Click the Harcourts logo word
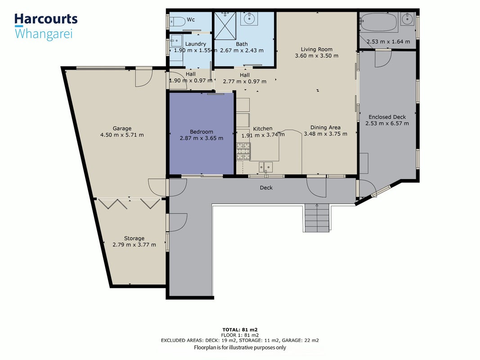point(46,19)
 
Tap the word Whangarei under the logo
point(44,34)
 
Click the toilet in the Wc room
point(178,22)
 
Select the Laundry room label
point(195,44)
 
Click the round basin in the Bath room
point(249,18)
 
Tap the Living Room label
point(317,49)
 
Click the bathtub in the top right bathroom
point(379,22)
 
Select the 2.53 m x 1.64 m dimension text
point(388,42)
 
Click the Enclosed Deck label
point(387,117)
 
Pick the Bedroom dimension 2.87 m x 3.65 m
point(202,138)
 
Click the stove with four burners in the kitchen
point(243,151)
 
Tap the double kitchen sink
point(266,167)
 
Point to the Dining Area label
point(325,127)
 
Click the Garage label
point(122,129)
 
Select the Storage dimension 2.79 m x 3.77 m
point(134,245)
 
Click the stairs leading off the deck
point(317,218)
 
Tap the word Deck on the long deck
point(266,188)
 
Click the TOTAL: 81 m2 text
point(240,330)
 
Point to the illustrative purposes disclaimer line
point(240,347)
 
